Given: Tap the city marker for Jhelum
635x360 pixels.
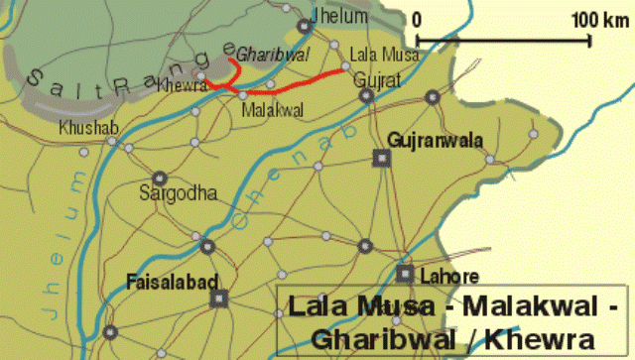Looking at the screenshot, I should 304,27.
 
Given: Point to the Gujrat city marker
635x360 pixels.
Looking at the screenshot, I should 366,96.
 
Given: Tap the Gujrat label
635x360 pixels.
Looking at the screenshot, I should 377,79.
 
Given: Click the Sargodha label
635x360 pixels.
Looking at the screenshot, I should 178,192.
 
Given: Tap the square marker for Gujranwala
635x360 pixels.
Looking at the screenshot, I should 380,157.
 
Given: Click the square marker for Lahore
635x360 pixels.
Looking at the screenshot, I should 404,273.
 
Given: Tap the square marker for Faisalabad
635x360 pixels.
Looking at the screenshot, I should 220,297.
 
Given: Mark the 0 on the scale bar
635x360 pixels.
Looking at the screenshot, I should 418,19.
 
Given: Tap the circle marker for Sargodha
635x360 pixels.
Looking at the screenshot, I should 161,175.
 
